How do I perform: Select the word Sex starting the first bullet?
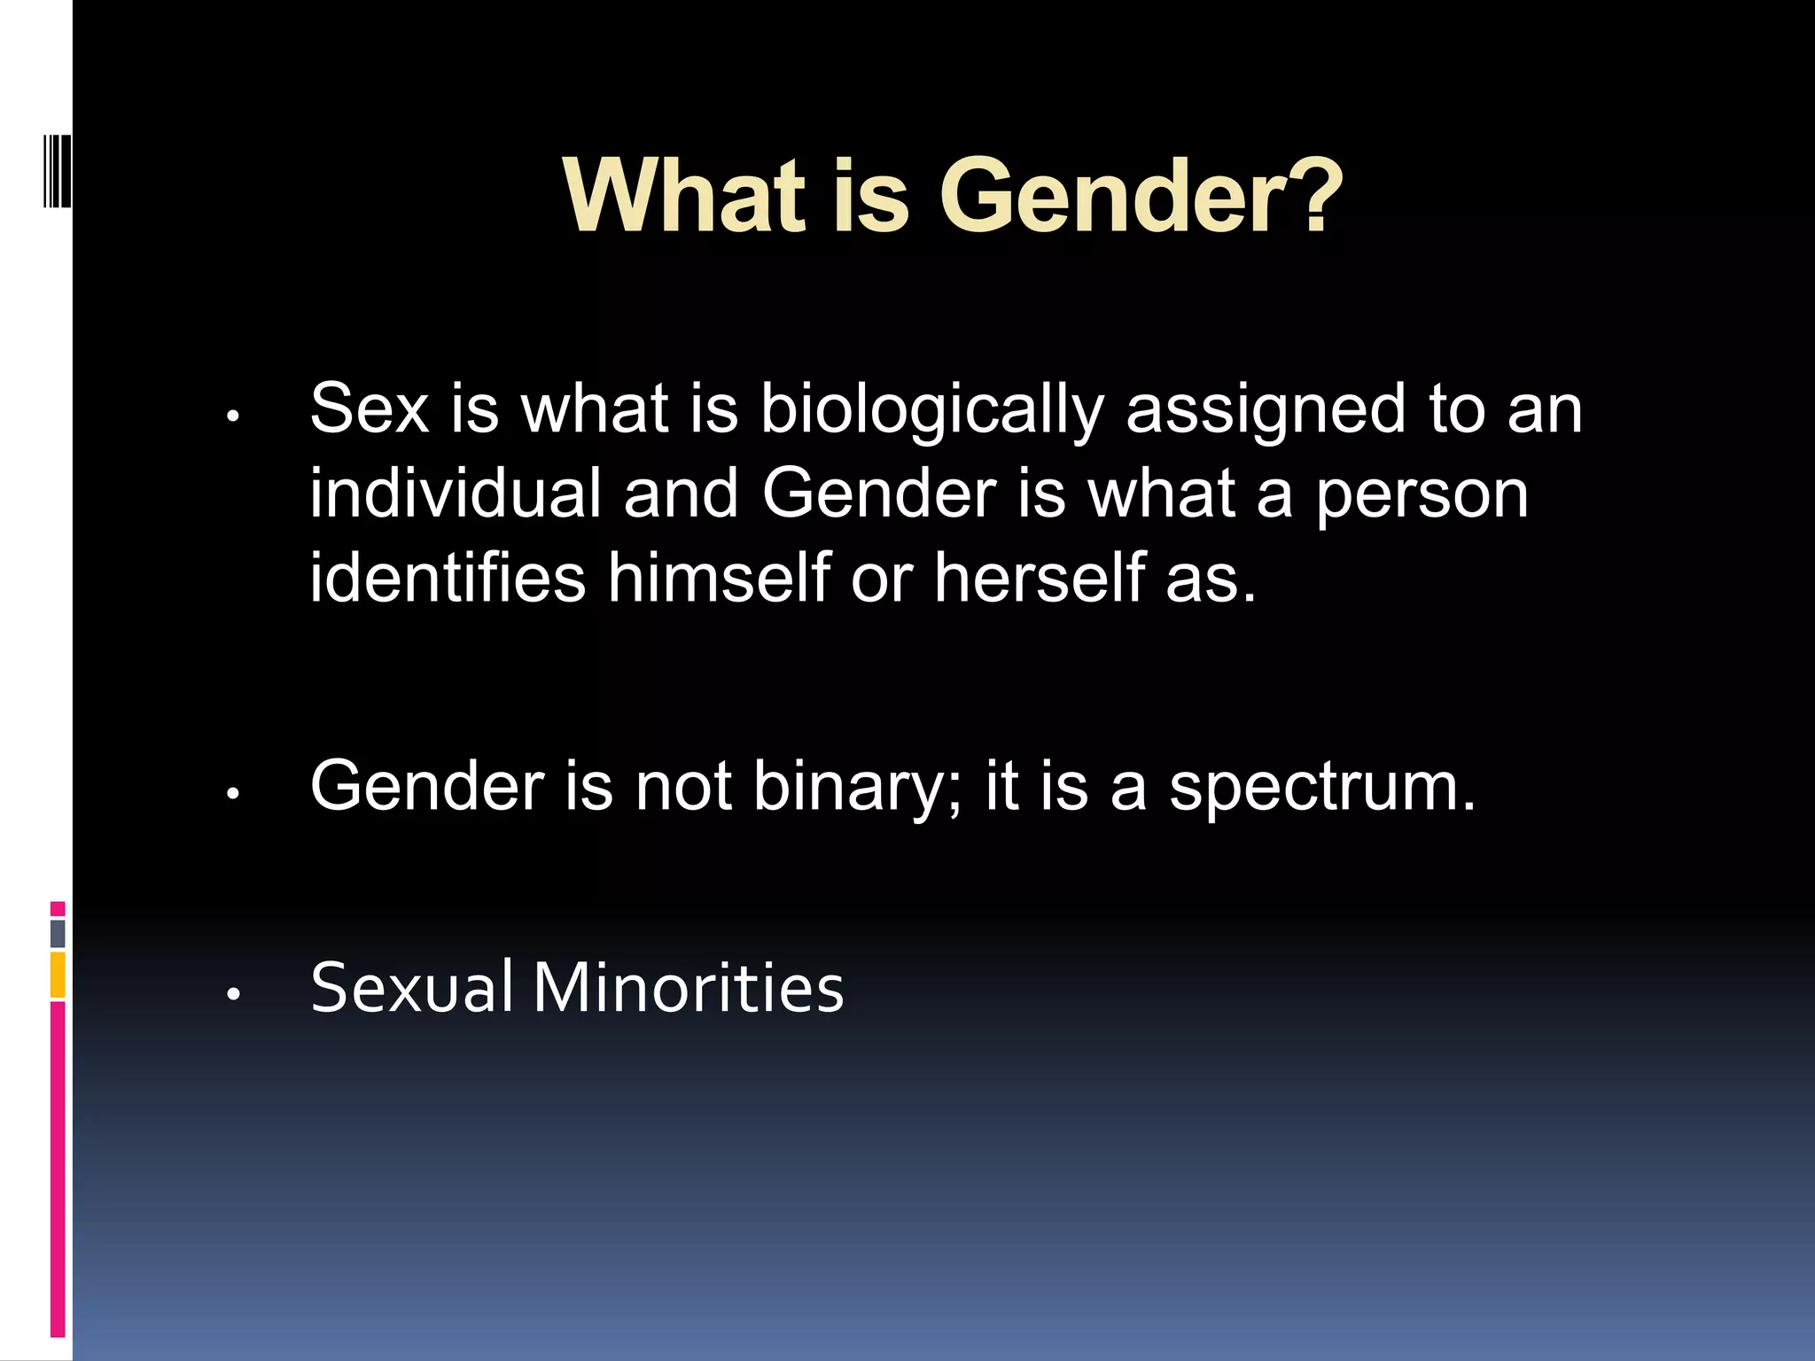click(369, 409)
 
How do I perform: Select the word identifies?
click(448, 578)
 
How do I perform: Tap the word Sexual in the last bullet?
click(411, 987)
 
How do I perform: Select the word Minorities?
click(688, 987)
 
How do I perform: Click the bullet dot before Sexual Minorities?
click(233, 995)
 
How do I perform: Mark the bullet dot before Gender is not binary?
click(233, 794)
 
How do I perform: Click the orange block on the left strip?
click(58, 975)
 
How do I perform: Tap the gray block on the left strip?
click(58, 933)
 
